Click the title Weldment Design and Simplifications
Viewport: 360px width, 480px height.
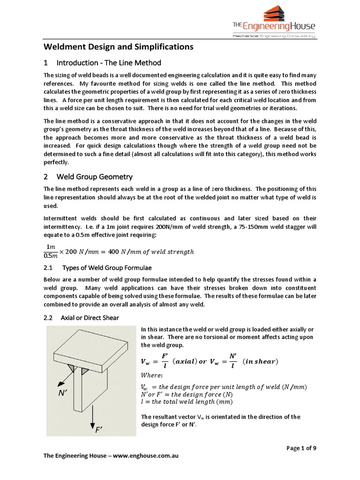point(118,47)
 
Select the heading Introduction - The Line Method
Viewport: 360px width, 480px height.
point(108,63)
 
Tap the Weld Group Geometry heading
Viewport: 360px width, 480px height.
point(94,177)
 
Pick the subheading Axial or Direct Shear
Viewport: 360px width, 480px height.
point(90,318)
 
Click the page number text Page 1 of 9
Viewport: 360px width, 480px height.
point(301,448)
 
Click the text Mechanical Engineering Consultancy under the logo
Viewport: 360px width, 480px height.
point(274,36)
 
